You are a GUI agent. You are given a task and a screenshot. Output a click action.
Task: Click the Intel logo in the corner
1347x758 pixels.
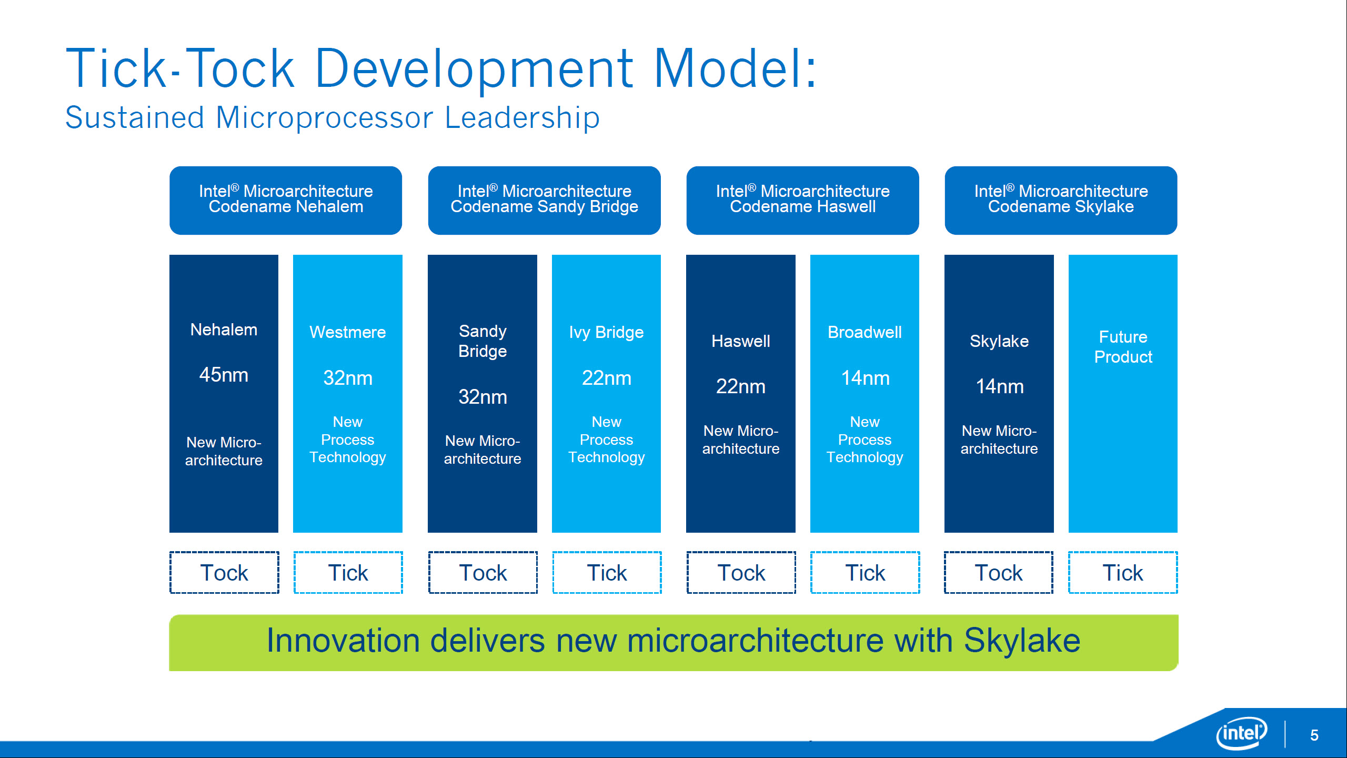[x=1242, y=733]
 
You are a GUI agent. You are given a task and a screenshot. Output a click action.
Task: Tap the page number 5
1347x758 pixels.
[x=1314, y=735]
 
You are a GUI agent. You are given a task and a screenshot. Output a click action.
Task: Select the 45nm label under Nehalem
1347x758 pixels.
[x=224, y=375]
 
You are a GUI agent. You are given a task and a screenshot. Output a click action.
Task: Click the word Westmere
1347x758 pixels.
[x=347, y=332]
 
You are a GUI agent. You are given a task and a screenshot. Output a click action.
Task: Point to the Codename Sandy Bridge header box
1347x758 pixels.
[x=544, y=200]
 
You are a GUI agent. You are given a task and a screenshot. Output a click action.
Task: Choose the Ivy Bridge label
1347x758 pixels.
[x=606, y=332]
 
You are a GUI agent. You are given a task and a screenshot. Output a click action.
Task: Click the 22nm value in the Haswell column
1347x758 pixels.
[x=740, y=386]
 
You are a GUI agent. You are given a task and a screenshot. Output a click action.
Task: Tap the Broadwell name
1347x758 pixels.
[x=865, y=332]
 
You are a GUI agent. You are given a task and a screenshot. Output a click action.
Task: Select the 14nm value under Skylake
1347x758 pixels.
[x=999, y=386]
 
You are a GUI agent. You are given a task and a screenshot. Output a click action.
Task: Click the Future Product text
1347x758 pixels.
[x=1123, y=347]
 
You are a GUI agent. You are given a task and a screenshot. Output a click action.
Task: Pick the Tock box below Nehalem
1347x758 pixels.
[x=224, y=573]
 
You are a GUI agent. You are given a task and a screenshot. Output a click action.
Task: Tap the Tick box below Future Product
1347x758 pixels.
[x=1123, y=573]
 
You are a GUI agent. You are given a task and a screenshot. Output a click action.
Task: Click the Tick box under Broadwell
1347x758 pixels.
[x=865, y=573]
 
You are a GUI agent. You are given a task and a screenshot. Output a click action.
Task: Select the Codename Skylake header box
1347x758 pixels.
[x=1061, y=200]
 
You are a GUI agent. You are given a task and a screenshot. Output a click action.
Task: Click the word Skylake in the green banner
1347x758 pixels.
[x=1022, y=641]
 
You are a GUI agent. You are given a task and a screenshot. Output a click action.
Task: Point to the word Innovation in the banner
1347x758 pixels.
[x=343, y=641]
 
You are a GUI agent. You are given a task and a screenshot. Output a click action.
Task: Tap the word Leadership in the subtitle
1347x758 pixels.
[x=522, y=117]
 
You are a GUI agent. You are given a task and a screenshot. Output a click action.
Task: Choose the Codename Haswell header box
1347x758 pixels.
[x=802, y=200]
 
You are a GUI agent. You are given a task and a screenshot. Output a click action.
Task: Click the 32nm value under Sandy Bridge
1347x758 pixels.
[x=482, y=396]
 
